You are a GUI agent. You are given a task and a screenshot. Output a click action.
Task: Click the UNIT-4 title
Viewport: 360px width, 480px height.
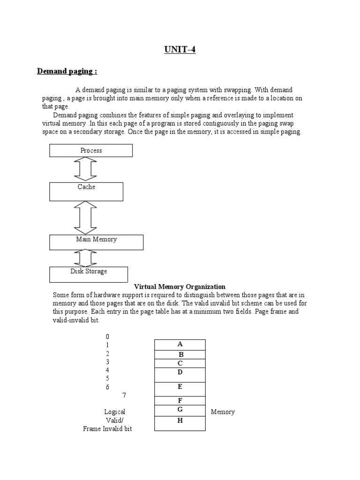180,50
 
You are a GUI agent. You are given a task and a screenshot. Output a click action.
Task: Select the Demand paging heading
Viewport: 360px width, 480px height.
67,71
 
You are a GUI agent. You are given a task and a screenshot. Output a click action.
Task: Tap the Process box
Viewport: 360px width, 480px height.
91,150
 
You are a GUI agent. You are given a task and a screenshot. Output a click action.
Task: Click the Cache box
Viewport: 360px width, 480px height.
86,191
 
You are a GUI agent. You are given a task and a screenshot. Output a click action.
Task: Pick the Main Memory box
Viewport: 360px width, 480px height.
96,242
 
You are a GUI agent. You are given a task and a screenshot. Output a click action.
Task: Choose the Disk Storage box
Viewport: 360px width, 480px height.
89,274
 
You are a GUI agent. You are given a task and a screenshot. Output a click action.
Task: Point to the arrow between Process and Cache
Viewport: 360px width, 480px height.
85,169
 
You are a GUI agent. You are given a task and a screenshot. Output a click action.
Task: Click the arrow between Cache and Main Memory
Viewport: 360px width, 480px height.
85,217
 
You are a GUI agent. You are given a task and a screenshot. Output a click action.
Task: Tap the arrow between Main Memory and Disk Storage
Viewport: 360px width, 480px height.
85,258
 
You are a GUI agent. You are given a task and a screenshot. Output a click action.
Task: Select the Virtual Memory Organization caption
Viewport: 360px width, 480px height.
180,286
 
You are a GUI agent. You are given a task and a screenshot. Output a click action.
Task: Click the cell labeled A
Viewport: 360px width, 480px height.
180,345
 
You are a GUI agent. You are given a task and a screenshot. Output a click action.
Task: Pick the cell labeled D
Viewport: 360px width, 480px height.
180,375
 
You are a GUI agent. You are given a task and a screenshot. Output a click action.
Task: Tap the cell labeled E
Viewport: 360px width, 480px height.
180,389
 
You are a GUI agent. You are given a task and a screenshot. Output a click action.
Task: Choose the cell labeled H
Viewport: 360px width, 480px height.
180,423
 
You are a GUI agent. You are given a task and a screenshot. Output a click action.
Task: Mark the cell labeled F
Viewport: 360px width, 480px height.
180,401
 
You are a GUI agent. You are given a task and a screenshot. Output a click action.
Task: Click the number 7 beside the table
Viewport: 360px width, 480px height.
124,395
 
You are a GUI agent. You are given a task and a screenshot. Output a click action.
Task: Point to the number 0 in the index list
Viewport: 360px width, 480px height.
107,337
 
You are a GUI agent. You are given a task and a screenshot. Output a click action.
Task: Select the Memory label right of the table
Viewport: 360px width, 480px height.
223,412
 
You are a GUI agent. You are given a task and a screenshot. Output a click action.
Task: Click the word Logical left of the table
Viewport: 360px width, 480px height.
114,412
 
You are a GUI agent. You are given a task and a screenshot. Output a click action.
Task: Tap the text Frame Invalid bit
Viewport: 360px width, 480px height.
107,429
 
